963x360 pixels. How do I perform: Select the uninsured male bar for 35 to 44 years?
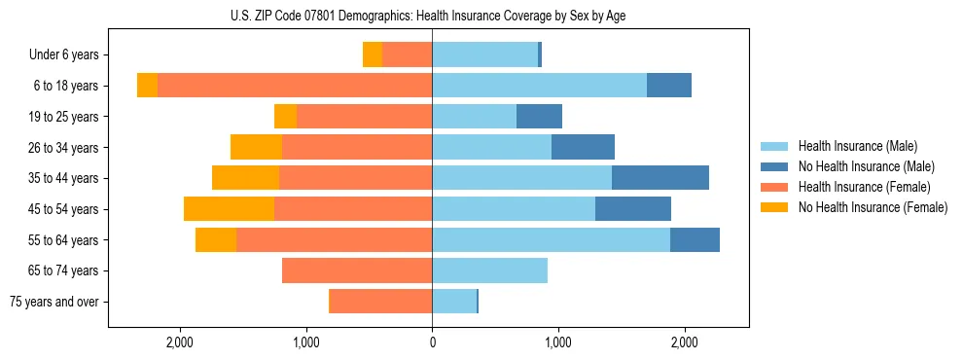click(x=660, y=178)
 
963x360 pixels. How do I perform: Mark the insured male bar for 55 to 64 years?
click(x=551, y=239)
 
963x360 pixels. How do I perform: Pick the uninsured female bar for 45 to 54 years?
click(x=229, y=209)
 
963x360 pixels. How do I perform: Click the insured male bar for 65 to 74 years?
click(x=489, y=270)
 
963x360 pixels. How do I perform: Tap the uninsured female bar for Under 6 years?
click(x=373, y=54)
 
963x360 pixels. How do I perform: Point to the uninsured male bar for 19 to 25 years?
click(x=539, y=117)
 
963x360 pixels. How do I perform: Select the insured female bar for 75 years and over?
click(x=381, y=302)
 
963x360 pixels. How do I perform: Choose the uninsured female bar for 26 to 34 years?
click(x=256, y=147)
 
